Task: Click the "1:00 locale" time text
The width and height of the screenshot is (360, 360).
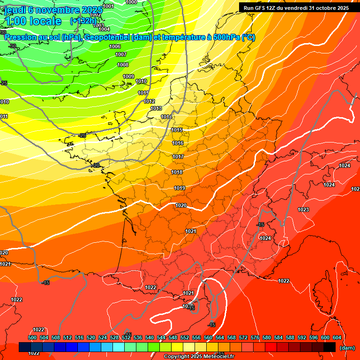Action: tap(33, 21)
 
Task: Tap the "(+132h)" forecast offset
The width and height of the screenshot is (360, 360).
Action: tap(83, 21)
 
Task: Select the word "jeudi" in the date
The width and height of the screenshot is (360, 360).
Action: tap(14, 9)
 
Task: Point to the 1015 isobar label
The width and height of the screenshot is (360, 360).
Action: tap(177, 130)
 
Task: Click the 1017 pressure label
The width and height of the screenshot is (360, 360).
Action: tap(178, 157)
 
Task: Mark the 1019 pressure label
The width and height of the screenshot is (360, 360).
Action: tap(180, 188)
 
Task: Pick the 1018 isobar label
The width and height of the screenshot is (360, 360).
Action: tap(177, 172)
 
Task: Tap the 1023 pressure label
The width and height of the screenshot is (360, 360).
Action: tap(303, 210)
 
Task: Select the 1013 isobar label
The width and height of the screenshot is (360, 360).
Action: tap(156, 108)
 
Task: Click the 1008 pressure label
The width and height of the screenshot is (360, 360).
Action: tap(123, 65)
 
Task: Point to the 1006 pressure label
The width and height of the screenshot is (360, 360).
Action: tap(115, 46)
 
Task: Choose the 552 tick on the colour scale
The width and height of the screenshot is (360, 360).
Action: tap(185, 337)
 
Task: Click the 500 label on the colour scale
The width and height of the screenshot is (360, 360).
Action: tap(32, 337)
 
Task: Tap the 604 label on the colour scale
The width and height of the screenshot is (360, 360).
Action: tap(337, 337)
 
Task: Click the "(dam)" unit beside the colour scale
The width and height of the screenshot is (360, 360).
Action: tap(347, 348)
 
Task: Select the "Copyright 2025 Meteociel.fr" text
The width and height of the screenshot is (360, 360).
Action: tap(198, 356)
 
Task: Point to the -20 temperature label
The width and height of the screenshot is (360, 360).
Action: tap(96, 165)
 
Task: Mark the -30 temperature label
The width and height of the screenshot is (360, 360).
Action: tap(12, 46)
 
